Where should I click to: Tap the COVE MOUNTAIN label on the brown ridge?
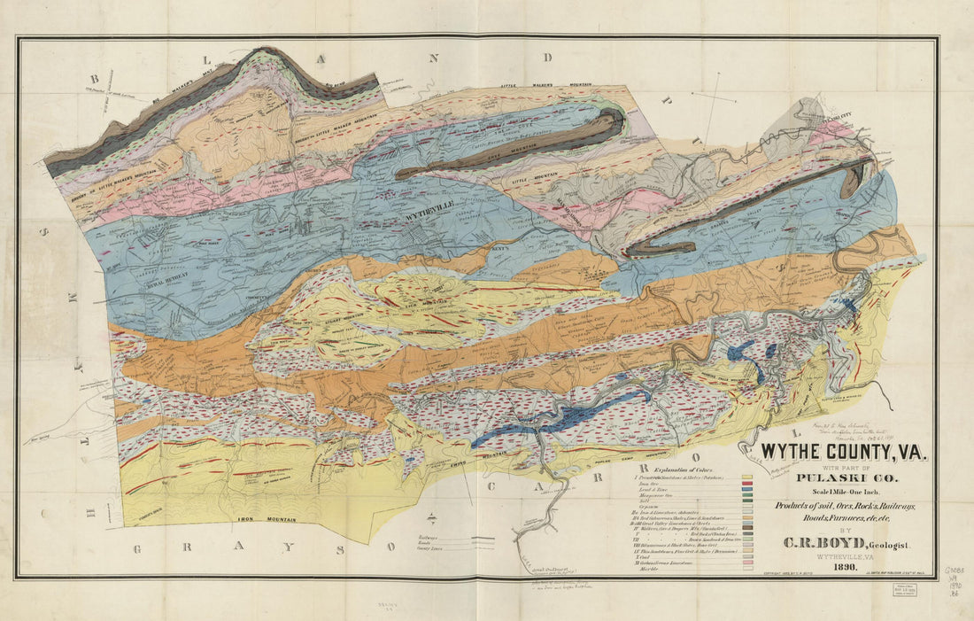coord(485,152)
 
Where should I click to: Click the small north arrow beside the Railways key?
coord(431,519)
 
